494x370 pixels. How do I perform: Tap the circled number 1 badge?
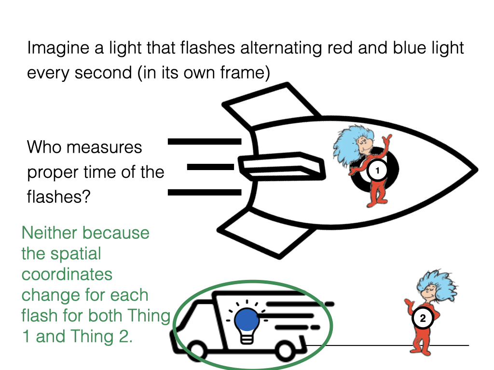377,170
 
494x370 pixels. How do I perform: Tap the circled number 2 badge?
423,318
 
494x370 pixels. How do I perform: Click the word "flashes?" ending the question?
58,197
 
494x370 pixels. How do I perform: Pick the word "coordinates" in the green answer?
67,274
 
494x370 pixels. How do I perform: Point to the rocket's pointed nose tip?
477,170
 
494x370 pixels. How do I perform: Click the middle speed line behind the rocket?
210,167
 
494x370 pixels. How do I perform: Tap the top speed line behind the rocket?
205,141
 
